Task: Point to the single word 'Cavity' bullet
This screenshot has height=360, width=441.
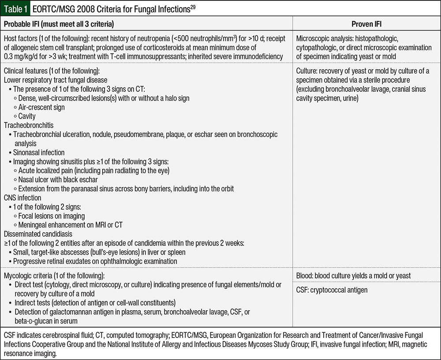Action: pyautogui.click(x=27, y=116)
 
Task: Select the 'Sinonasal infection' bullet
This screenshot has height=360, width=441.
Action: pyautogui.click(x=39, y=152)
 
